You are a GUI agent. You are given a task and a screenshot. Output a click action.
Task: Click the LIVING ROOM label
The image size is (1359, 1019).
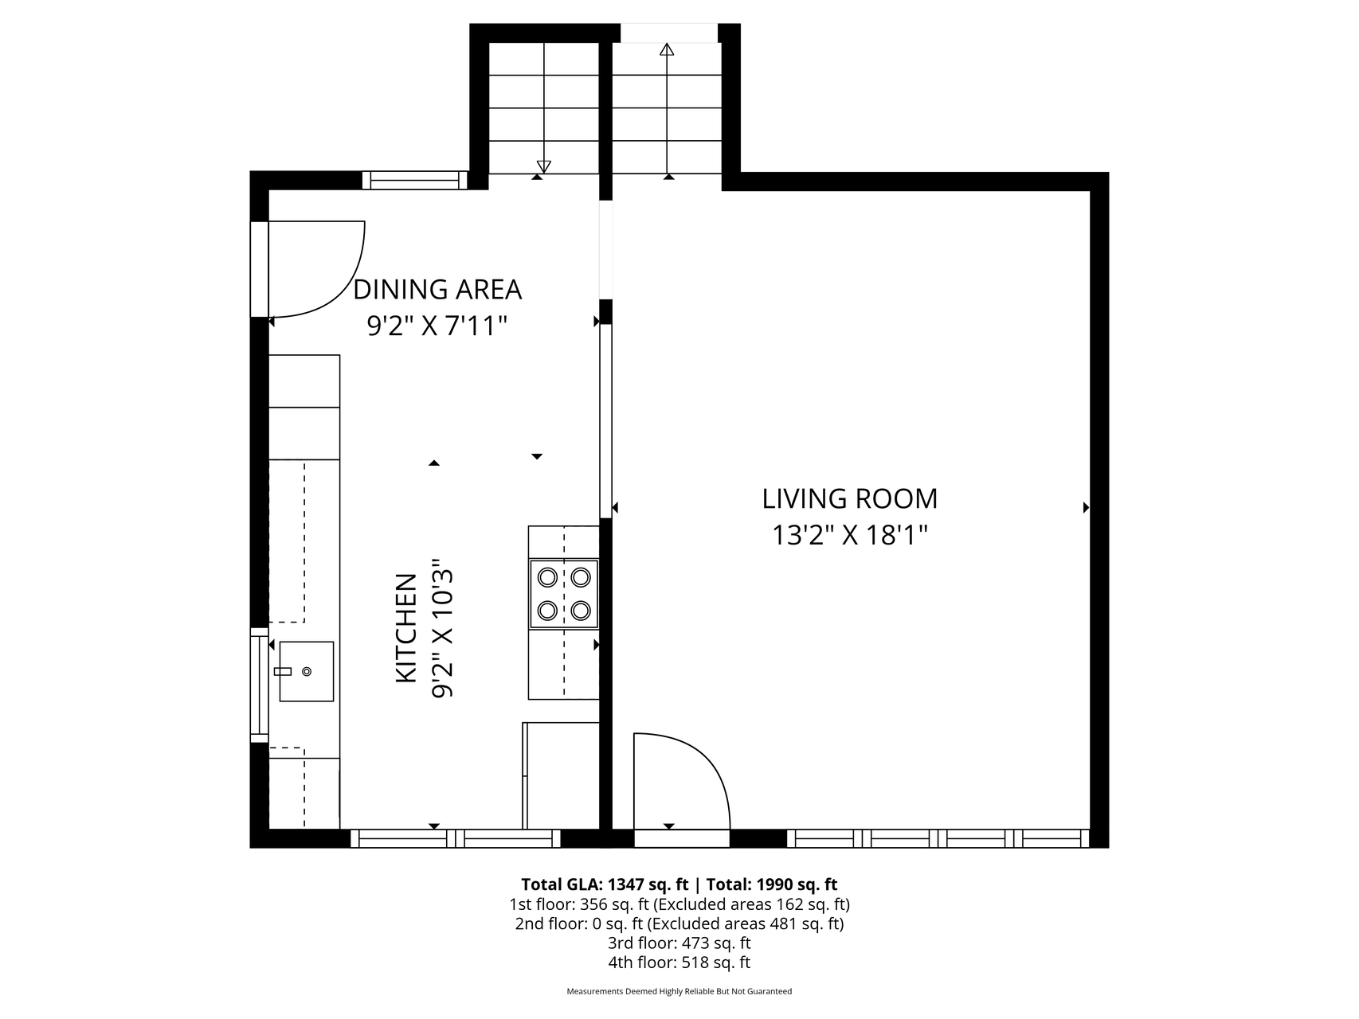point(850,498)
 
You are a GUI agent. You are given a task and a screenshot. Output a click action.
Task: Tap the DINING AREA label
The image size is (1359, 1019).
point(437,290)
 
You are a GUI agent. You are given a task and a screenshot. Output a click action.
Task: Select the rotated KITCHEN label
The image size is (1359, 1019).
point(406,627)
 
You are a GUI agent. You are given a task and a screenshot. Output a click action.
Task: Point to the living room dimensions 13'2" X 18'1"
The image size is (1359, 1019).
point(850,534)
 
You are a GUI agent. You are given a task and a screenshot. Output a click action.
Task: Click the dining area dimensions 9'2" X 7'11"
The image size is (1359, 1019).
point(437,326)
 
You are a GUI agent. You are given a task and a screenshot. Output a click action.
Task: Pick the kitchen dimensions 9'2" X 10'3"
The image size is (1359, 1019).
point(442,627)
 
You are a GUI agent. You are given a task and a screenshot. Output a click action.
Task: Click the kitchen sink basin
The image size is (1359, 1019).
point(306,671)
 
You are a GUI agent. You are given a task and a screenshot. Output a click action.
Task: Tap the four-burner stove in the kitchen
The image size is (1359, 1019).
point(564,593)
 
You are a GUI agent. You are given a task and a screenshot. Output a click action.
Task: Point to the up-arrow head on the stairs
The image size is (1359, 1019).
point(667,49)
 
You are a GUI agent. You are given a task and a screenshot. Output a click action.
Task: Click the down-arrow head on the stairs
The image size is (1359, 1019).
point(544,166)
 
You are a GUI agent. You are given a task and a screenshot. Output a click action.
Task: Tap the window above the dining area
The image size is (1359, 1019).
point(415,181)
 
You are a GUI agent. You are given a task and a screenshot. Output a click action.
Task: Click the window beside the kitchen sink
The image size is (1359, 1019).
point(260,685)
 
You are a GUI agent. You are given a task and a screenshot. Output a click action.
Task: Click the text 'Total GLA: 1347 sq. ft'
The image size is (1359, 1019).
point(605,884)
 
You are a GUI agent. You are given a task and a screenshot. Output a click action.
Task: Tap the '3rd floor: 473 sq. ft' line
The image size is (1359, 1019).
point(679,943)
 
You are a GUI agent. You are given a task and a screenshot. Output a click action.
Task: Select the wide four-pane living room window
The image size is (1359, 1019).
point(938,838)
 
